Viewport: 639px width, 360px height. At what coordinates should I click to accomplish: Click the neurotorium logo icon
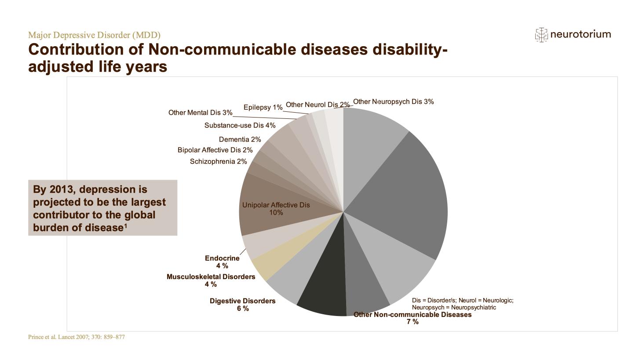(x=541, y=35)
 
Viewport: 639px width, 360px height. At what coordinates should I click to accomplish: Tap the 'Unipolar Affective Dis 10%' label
(x=276, y=209)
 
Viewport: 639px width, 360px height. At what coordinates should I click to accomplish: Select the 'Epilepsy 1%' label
(x=263, y=107)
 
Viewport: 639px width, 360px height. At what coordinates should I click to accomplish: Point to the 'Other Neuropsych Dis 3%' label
(x=393, y=102)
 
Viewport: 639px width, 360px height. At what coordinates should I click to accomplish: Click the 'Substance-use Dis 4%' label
(x=240, y=125)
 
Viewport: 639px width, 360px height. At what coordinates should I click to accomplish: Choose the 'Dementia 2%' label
(x=240, y=140)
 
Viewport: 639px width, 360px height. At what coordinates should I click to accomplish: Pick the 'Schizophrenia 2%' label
(x=218, y=162)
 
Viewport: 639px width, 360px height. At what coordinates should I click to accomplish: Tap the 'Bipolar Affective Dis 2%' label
(x=215, y=150)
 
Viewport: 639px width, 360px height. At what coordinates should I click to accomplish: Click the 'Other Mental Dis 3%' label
(x=200, y=113)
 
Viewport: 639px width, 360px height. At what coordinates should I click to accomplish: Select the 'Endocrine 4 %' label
(x=222, y=262)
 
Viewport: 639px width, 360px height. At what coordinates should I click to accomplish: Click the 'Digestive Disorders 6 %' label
(x=242, y=305)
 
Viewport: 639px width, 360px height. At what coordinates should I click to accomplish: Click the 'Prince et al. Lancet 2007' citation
(x=77, y=337)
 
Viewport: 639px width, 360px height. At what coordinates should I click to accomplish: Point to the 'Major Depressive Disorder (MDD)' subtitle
(x=94, y=35)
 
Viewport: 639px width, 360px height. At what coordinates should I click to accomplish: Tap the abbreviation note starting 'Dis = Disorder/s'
(x=462, y=304)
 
